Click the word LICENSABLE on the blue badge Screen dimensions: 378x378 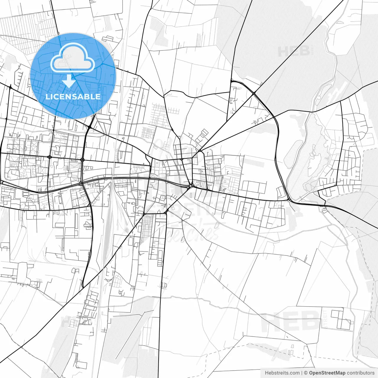pyautogui.click(x=73, y=97)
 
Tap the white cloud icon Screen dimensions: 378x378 pyautogui.click(x=73, y=58)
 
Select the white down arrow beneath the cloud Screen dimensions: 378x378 pyautogui.click(x=69, y=81)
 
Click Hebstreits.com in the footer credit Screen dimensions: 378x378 pyautogui.click(x=282, y=373)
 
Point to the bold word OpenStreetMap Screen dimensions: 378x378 pyautogui.click(x=327, y=373)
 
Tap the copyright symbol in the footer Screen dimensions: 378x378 pyautogui.click(x=306, y=373)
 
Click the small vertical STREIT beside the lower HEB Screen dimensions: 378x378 pyautogui.click(x=325, y=319)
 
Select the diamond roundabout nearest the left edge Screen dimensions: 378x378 pyautogui.click(x=49, y=157)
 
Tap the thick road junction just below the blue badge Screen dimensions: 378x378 pyautogui.click(x=89, y=127)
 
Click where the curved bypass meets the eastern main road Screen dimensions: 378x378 pyautogui.click(x=289, y=201)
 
